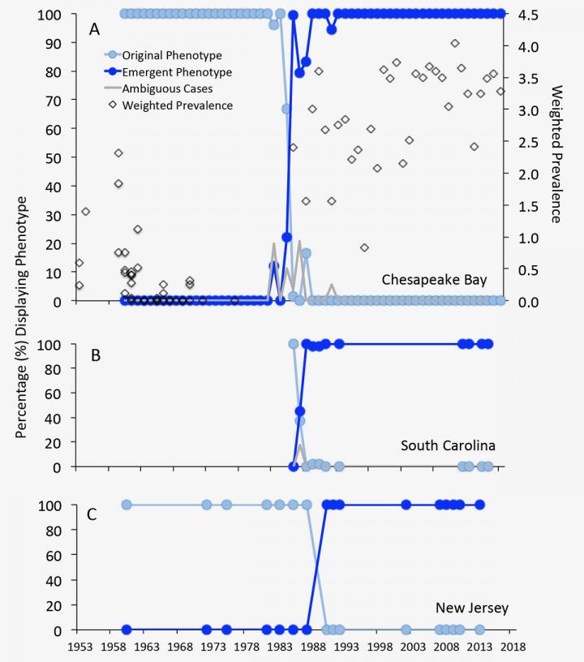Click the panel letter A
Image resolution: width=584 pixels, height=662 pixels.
point(95,30)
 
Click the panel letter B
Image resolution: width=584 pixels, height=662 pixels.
point(96,354)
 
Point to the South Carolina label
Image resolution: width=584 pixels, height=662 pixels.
point(448,445)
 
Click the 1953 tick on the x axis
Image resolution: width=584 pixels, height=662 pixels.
point(79,647)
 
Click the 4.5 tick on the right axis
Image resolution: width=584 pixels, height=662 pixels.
point(522,14)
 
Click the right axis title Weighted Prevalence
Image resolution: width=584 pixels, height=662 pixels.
point(556,154)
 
